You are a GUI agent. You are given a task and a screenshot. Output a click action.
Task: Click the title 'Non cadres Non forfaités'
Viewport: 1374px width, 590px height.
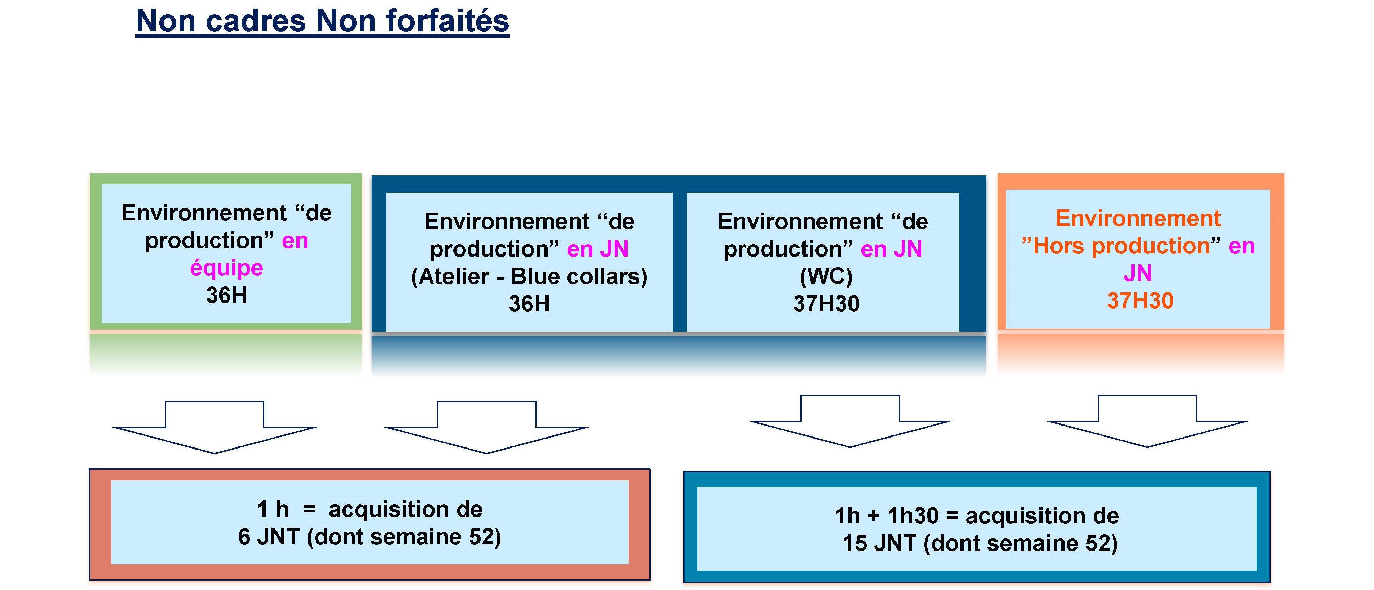coord(323,21)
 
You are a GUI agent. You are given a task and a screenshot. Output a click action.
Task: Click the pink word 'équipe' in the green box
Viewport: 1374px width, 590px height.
coord(227,268)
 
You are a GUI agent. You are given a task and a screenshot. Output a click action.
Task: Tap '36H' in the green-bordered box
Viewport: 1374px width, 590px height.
coord(227,295)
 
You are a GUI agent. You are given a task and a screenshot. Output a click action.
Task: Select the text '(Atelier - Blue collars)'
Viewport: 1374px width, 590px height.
coord(529,276)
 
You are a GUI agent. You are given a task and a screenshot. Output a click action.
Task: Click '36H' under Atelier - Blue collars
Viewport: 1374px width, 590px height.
coord(529,304)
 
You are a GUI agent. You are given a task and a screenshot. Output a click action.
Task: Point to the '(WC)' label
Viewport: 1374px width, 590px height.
coord(826,276)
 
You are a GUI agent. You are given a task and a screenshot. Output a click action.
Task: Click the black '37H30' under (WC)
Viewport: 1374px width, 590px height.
coord(826,304)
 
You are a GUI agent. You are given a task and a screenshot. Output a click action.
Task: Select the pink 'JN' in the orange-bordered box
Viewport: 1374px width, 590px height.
coord(1138,273)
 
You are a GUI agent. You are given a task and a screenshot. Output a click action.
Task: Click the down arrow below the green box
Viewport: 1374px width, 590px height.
coord(215,427)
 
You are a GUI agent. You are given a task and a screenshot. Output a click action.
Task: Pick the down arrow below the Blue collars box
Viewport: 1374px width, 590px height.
coord(486,427)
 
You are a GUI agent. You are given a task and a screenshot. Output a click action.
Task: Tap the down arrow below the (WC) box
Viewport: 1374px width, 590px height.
coord(850,421)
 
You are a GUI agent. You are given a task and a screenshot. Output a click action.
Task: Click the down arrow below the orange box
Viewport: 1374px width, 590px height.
coord(1147,421)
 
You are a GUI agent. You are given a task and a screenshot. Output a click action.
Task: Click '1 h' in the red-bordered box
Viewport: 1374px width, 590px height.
coord(272,509)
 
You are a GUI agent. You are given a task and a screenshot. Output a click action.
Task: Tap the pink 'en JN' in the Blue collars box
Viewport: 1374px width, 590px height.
coord(598,249)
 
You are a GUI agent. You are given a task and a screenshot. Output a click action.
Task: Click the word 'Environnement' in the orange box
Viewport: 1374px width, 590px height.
coord(1138,218)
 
